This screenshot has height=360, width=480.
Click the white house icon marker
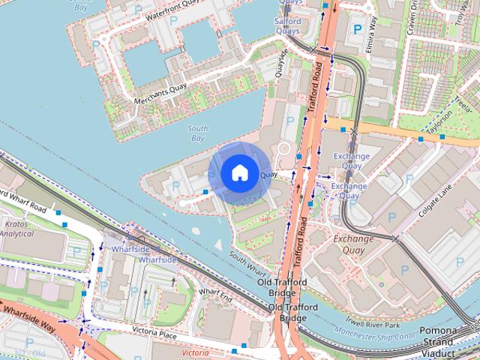(239, 173)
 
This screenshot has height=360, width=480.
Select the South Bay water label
(198, 133)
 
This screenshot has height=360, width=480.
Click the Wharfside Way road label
(28, 322)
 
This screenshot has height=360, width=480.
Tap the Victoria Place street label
(154, 330)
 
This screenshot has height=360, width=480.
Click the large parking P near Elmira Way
(357, 29)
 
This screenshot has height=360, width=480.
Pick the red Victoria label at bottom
(195, 352)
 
